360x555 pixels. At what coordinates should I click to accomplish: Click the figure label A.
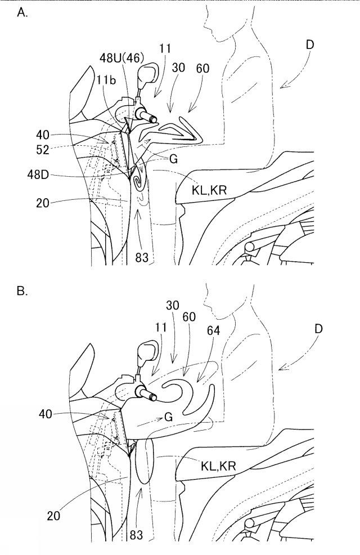[22, 13]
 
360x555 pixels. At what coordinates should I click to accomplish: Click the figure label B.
[22, 292]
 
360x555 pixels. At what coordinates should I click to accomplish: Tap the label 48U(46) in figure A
[121, 57]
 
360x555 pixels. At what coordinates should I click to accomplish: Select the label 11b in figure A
[106, 80]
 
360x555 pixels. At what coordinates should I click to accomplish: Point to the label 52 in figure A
[43, 150]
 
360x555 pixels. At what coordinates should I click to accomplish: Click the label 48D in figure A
[39, 174]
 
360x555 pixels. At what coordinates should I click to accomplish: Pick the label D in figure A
[310, 44]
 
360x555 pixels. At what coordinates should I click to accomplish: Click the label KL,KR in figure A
[209, 190]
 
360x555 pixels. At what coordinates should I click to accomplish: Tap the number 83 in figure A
[142, 257]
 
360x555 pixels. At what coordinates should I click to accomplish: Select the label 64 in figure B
[213, 330]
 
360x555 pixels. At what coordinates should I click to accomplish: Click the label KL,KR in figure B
[218, 466]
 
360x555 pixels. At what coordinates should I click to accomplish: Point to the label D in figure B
[318, 329]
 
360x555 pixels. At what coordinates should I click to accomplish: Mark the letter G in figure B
[169, 417]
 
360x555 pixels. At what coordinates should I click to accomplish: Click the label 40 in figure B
[46, 414]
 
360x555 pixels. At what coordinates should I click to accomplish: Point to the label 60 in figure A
[202, 68]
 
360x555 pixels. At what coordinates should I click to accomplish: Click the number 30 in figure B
[172, 305]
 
